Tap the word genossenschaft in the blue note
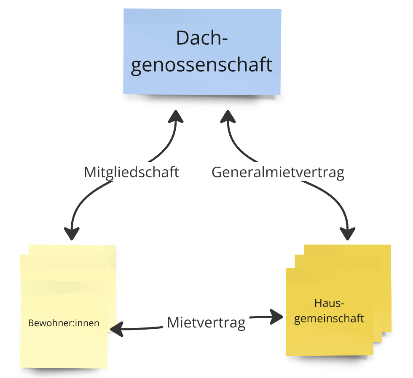(202, 65)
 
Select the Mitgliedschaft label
(132, 172)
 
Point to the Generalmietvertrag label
(278, 172)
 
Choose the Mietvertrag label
(206, 323)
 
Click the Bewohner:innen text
(64, 323)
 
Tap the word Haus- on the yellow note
(330, 303)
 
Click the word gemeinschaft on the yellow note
(329, 318)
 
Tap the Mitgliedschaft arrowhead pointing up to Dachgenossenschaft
(176, 116)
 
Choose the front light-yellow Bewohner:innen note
(63, 345)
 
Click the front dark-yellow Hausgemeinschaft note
(329, 341)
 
